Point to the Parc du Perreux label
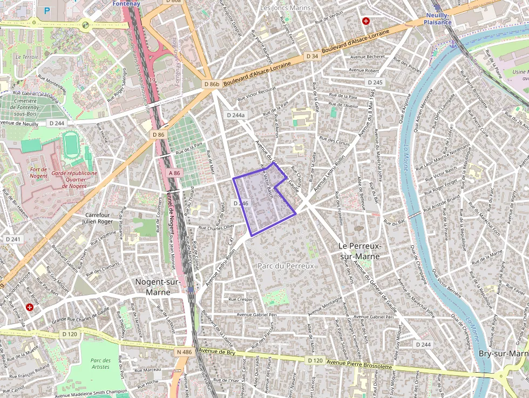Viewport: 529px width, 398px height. pyautogui.click(x=286, y=266)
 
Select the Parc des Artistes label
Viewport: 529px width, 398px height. pyautogui.click(x=100, y=363)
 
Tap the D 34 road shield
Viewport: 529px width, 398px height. pyautogui.click(x=312, y=56)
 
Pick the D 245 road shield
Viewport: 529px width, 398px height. pyautogui.click(x=374, y=82)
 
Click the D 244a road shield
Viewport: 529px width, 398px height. pyautogui.click(x=236, y=115)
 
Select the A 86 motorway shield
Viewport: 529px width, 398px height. pyautogui.click(x=174, y=173)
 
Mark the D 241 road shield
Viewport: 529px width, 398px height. pyautogui.click(x=12, y=239)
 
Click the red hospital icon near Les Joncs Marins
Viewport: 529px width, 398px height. pyautogui.click(x=366, y=21)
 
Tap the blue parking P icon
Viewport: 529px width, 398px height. pyautogui.click(x=47, y=10)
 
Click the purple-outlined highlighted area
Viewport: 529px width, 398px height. pyautogui.click(x=262, y=200)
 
